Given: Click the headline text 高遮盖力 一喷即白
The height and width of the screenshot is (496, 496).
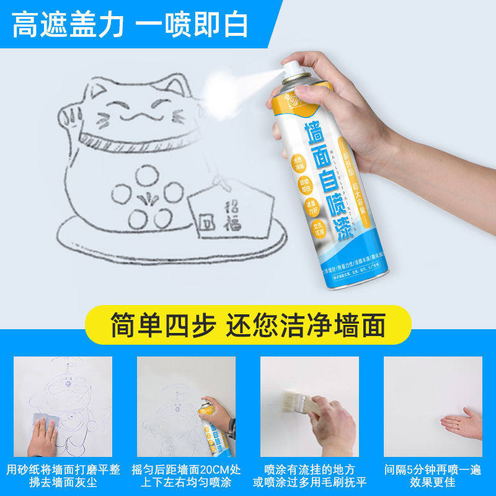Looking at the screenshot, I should tap(131, 25).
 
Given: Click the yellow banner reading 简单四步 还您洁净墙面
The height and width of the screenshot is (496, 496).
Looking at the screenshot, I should tap(248, 324).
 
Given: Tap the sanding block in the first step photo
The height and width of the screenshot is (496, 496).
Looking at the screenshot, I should tap(46, 424).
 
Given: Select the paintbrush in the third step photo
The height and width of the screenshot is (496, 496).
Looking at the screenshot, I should tap(298, 402).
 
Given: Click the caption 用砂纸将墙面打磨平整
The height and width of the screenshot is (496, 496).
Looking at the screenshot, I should tap(63, 469).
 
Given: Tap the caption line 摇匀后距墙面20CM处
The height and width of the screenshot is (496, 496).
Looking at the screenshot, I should tap(186, 469).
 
